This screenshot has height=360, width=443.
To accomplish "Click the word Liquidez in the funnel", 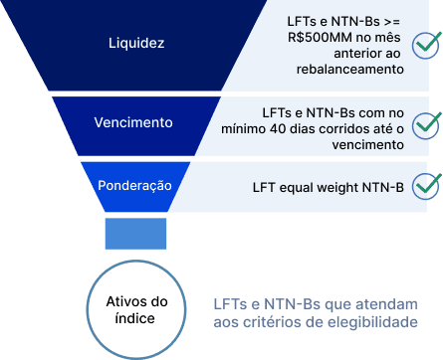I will point(137,44).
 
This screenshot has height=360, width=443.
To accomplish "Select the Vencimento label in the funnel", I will point(133,123).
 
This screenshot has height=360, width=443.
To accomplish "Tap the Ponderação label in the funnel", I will point(134,185).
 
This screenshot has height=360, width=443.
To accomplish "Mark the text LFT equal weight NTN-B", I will point(329,186).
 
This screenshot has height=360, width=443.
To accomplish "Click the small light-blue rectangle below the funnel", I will point(136,234).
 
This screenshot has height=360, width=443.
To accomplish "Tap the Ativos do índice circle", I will point(136,307).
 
